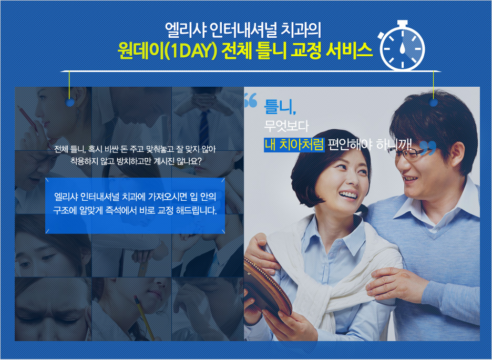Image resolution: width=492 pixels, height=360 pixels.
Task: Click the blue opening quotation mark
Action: pyautogui.click(x=251, y=100)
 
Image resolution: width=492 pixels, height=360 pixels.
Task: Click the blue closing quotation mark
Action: pyautogui.click(x=428, y=148)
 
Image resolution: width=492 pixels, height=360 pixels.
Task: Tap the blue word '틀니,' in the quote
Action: pyautogui.click(x=280, y=107)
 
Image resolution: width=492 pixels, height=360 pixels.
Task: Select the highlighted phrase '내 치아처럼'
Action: pyautogui.click(x=294, y=145)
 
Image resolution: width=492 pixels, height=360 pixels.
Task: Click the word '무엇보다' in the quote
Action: pyautogui.click(x=286, y=126)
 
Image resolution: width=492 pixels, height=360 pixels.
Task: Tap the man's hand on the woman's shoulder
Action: pyautogui.click(x=261, y=250)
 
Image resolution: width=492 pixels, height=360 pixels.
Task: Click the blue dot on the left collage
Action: pyautogui.click(x=70, y=102)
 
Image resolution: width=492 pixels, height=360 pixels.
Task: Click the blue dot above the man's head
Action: pyautogui.click(x=434, y=102)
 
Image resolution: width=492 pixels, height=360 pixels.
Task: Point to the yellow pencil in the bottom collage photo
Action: pyautogui.click(x=145, y=317)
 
